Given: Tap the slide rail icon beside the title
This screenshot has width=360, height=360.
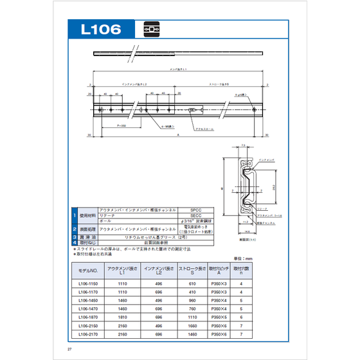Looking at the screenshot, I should pos(150,30).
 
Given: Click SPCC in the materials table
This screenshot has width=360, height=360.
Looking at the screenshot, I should pos(196,210).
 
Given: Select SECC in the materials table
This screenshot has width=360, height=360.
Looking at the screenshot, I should pos(196,215).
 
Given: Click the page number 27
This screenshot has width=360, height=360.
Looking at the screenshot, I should pos(69,349).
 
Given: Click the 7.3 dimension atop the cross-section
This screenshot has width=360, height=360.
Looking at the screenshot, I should pos(244,147).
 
